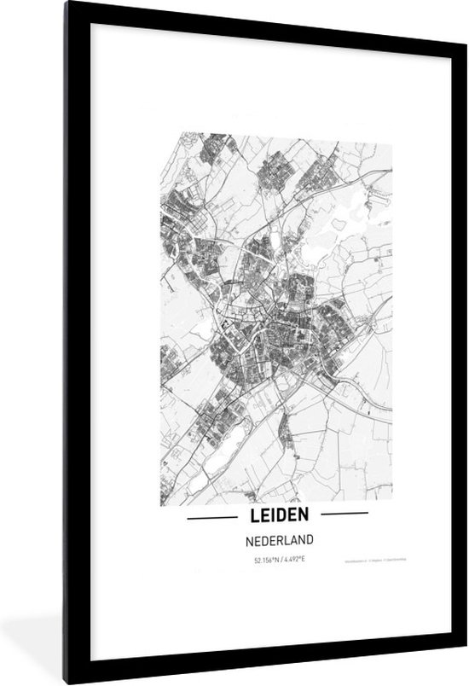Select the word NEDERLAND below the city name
coord(277,539)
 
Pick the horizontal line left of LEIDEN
coord(211,515)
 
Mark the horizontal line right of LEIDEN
coord(342,514)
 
